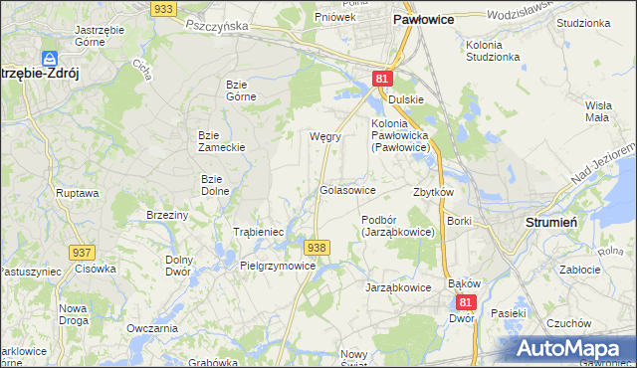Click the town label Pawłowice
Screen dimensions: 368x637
425,18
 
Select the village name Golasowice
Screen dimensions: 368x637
347,189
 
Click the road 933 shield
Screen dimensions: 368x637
164,8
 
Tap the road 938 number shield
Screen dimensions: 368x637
317,247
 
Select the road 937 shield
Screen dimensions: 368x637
82,254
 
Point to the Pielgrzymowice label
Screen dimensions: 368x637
278,267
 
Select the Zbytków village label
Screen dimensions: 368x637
433,192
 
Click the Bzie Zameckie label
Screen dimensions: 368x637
222,140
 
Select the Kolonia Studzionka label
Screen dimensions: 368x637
492,51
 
